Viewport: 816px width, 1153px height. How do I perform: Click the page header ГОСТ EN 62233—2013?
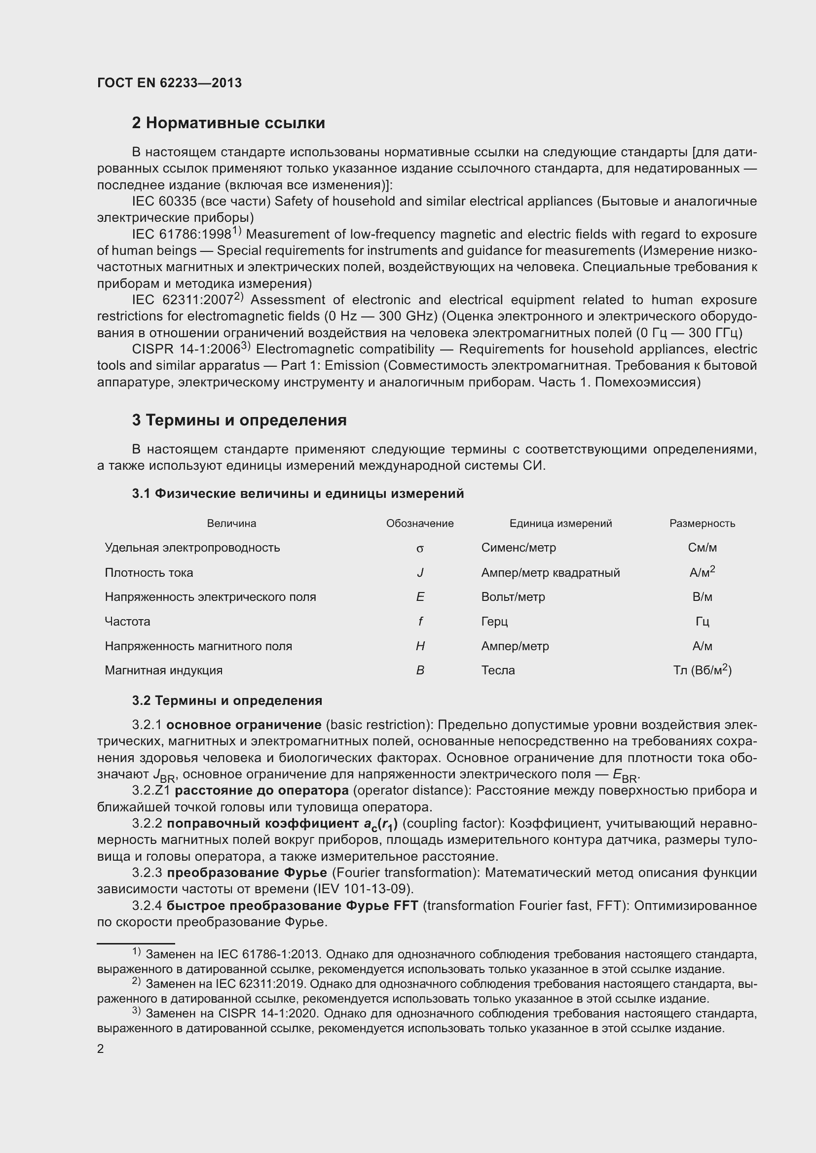pyautogui.click(x=169, y=83)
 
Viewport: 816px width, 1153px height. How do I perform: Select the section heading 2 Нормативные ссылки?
pyautogui.click(x=228, y=123)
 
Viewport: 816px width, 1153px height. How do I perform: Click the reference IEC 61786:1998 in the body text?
pyautogui.click(x=182, y=235)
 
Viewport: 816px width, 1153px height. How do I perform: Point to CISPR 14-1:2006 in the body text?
pyautogui.click(x=185, y=349)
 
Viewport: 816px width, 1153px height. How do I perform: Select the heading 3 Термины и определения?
pyautogui.click(x=239, y=420)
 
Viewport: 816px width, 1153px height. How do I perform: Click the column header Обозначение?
pyautogui.click(x=419, y=524)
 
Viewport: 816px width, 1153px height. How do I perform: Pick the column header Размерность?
pyautogui.click(x=702, y=524)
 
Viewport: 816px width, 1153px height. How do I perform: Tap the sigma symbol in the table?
pyautogui.click(x=419, y=548)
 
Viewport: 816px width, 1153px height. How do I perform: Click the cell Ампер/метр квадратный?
pyautogui.click(x=550, y=572)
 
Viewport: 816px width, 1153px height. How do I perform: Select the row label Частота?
pyautogui.click(x=127, y=621)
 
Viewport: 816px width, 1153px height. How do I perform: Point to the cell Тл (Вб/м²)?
pyautogui.click(x=702, y=670)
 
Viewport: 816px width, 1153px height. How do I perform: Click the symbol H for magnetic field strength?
pyautogui.click(x=420, y=646)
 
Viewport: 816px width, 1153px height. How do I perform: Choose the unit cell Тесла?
pyautogui.click(x=497, y=670)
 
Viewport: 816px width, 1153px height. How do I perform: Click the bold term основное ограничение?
pyautogui.click(x=244, y=725)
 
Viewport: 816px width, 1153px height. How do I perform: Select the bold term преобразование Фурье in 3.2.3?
pyautogui.click(x=247, y=873)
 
